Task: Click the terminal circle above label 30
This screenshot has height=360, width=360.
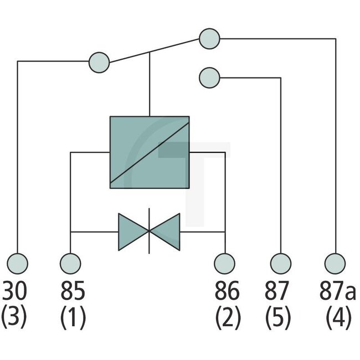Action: tap(18, 262)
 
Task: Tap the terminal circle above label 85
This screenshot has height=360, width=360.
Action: tap(70, 262)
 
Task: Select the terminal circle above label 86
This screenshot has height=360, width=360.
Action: tap(225, 262)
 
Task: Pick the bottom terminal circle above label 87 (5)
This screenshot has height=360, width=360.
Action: tap(281, 262)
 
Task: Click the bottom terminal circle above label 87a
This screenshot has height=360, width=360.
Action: tap(335, 262)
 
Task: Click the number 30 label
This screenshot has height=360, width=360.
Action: tap(16, 290)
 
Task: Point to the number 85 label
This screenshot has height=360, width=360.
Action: tap(73, 290)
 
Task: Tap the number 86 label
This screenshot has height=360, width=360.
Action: tap(228, 290)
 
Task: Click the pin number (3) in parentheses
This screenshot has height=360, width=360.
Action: tap(15, 318)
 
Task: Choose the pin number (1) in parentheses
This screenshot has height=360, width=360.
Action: tap(73, 318)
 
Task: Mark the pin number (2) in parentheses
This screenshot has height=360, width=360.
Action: tap(228, 318)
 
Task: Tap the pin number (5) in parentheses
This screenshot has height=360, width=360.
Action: tap(279, 318)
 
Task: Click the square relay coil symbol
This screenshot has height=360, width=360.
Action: tap(150, 152)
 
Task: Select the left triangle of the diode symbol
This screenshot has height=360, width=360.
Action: tap(131, 231)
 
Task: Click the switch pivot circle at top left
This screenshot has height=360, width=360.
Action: tap(99, 61)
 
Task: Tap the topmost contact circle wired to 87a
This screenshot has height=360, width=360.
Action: tap(209, 39)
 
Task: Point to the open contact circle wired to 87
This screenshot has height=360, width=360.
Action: tap(209, 77)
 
